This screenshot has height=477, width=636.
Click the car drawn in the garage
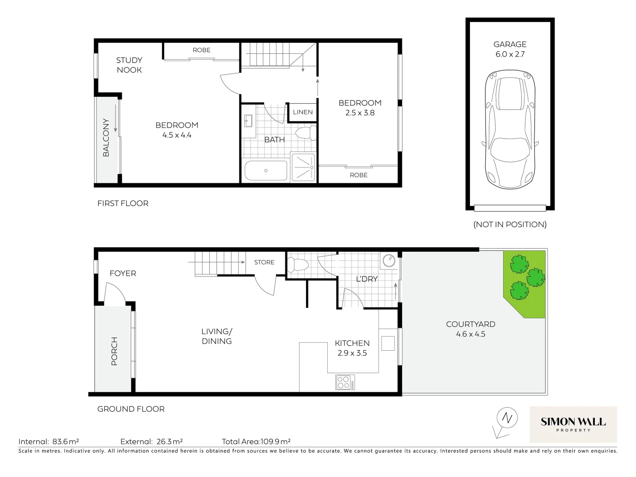click(510, 130)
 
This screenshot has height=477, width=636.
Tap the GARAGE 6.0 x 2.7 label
click(510, 49)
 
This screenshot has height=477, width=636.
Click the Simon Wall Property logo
click(573, 424)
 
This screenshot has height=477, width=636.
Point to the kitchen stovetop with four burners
click(344, 382)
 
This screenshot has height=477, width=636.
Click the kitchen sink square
click(388, 343)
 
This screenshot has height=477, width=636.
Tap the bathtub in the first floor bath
click(266, 170)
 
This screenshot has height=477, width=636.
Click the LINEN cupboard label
click(303, 112)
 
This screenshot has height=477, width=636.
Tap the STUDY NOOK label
click(129, 65)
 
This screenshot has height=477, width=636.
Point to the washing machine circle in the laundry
click(389, 261)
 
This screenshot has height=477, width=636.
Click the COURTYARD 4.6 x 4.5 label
click(470, 329)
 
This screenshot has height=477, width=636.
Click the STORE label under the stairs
click(264, 262)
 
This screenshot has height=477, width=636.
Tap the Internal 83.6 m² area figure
click(49, 441)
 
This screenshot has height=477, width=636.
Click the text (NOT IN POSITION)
click(510, 224)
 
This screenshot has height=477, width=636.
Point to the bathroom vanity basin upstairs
click(248, 120)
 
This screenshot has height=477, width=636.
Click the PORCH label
click(114, 351)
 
